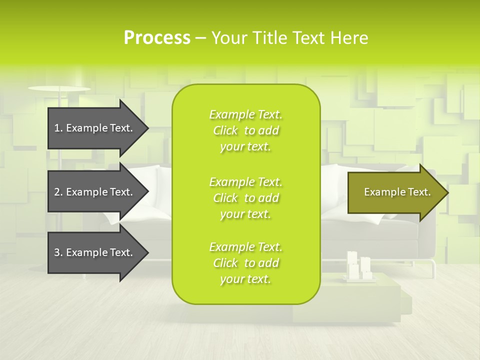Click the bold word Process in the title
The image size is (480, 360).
click(x=156, y=38)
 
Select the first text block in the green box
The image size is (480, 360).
click(x=245, y=130)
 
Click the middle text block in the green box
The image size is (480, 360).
click(x=245, y=198)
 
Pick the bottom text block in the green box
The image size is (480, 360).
click(x=245, y=263)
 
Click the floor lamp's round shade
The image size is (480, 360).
click(x=59, y=88)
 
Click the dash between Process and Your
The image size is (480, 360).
click(x=200, y=38)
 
